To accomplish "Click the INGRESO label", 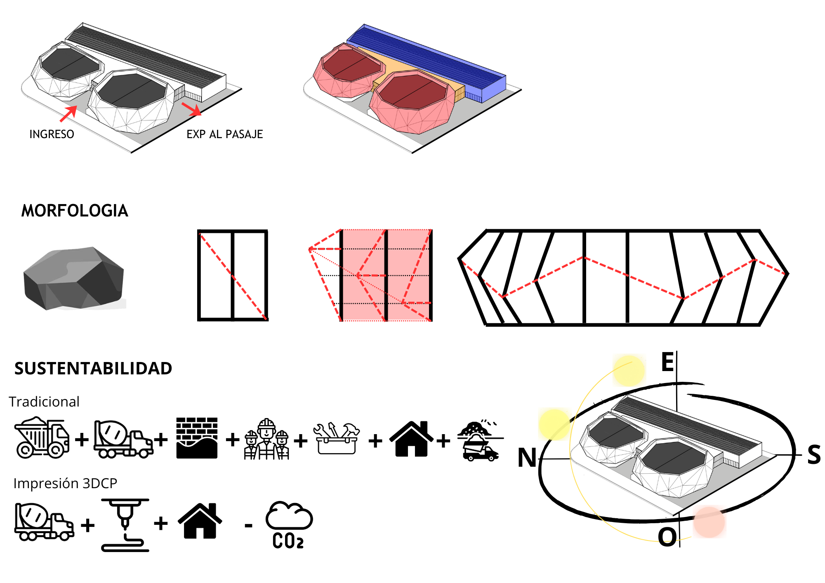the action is (52, 134).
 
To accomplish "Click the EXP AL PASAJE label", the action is (225, 134).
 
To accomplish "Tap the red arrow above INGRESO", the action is (68, 113).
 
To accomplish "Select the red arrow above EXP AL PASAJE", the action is (191, 109).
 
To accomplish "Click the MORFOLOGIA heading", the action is (75, 211).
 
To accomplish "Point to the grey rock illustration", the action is (74, 278).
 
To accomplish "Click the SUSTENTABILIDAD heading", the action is (93, 369).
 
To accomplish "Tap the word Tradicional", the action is (44, 402).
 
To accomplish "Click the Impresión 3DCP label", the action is (65, 483).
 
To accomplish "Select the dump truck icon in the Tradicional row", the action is (42, 437).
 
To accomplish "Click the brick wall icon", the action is (197, 438).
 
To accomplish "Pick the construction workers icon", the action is (266, 439).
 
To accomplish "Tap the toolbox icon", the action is (337, 438).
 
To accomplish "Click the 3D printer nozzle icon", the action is (125, 525).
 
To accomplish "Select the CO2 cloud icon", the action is (289, 525).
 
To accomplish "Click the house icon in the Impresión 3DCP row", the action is (200, 521).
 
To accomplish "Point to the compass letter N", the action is (527, 458).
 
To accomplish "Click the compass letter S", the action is (814, 455).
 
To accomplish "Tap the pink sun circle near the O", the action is (709, 522).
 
